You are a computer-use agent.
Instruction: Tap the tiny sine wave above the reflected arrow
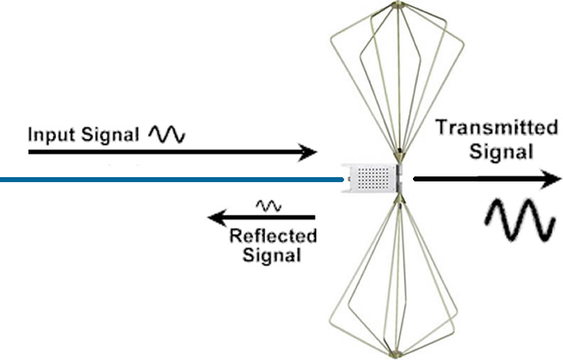pos(269,206)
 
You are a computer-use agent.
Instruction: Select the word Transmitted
pos(496,128)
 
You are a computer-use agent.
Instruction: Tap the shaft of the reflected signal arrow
pos(270,216)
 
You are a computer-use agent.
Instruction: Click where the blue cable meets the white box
pos(343,180)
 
